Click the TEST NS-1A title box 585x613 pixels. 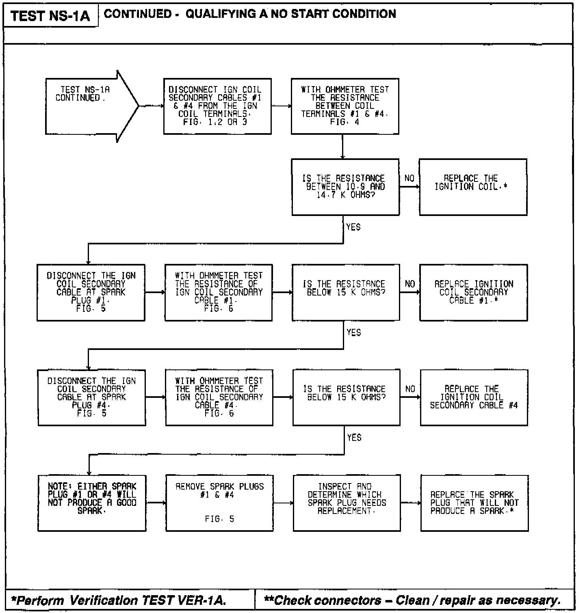point(50,16)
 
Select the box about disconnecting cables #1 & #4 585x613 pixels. point(217,106)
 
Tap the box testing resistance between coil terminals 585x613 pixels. point(345,106)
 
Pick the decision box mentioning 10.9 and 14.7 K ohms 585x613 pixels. point(345,187)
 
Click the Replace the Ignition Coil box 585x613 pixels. point(473,187)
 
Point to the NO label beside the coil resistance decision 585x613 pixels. point(409,179)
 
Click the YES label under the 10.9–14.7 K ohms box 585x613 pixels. point(353,227)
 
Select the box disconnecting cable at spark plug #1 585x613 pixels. point(91,292)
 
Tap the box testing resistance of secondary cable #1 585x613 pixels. point(219,292)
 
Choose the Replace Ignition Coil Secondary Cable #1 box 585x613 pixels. point(474,292)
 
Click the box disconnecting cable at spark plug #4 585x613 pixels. point(92,397)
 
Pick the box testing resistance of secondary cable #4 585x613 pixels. point(219,397)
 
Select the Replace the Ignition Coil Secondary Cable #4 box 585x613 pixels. point(474,397)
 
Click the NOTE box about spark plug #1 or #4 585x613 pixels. point(92,503)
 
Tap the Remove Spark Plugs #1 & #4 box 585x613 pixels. point(220,503)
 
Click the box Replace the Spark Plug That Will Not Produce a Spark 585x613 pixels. point(474,503)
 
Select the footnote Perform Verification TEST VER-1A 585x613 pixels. point(119,600)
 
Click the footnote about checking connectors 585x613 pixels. point(412,600)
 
